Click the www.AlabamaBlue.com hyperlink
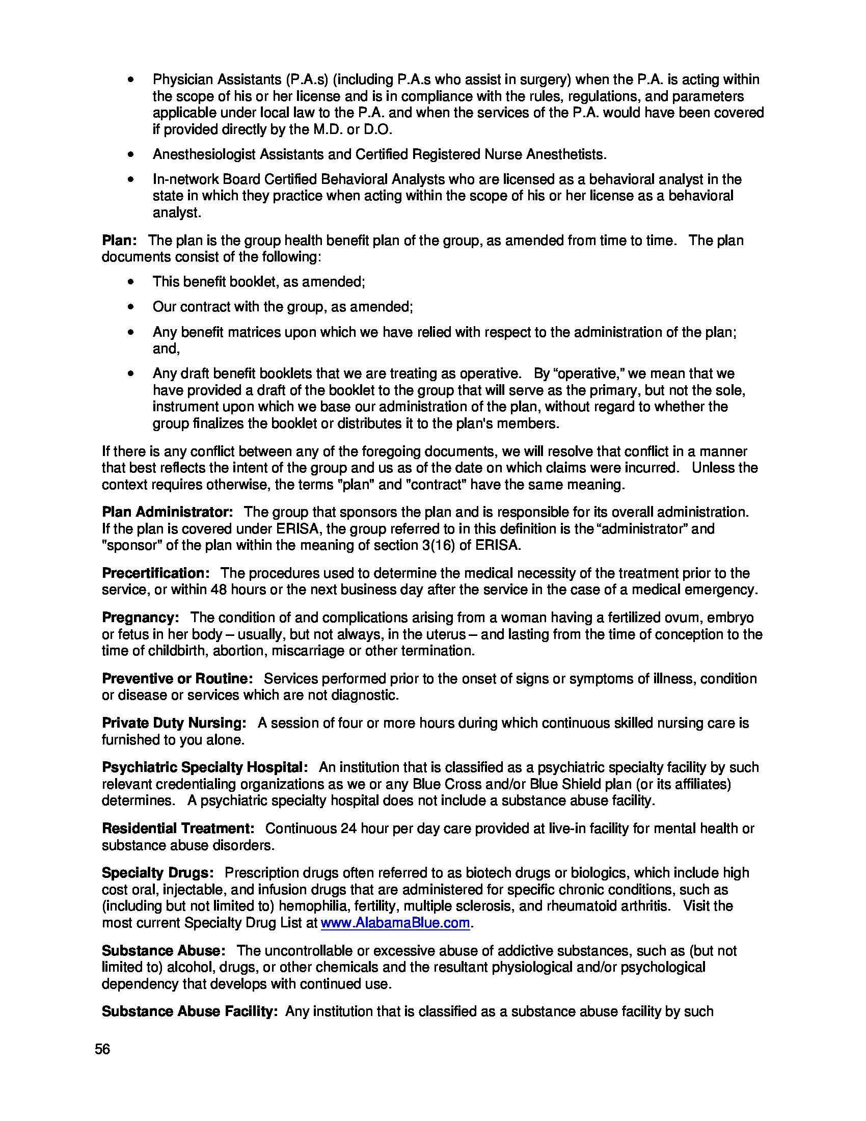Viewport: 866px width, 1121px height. click(395, 923)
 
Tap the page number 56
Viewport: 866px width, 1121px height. click(102, 1049)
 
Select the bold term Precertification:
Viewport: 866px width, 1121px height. click(155, 573)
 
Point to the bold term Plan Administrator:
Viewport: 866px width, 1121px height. click(167, 512)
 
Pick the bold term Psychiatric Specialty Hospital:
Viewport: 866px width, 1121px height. click(205, 767)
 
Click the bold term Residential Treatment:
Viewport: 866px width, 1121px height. click(178, 829)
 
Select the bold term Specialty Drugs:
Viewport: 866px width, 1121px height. click(157, 872)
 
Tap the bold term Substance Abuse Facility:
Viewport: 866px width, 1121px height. click(190, 1011)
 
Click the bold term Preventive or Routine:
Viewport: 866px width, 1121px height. click(177, 679)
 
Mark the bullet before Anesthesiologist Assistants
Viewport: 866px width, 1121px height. click(132, 154)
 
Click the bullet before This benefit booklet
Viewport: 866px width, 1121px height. click(132, 282)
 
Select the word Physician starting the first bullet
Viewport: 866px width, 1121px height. click(183, 79)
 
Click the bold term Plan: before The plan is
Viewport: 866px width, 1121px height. click(119, 240)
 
